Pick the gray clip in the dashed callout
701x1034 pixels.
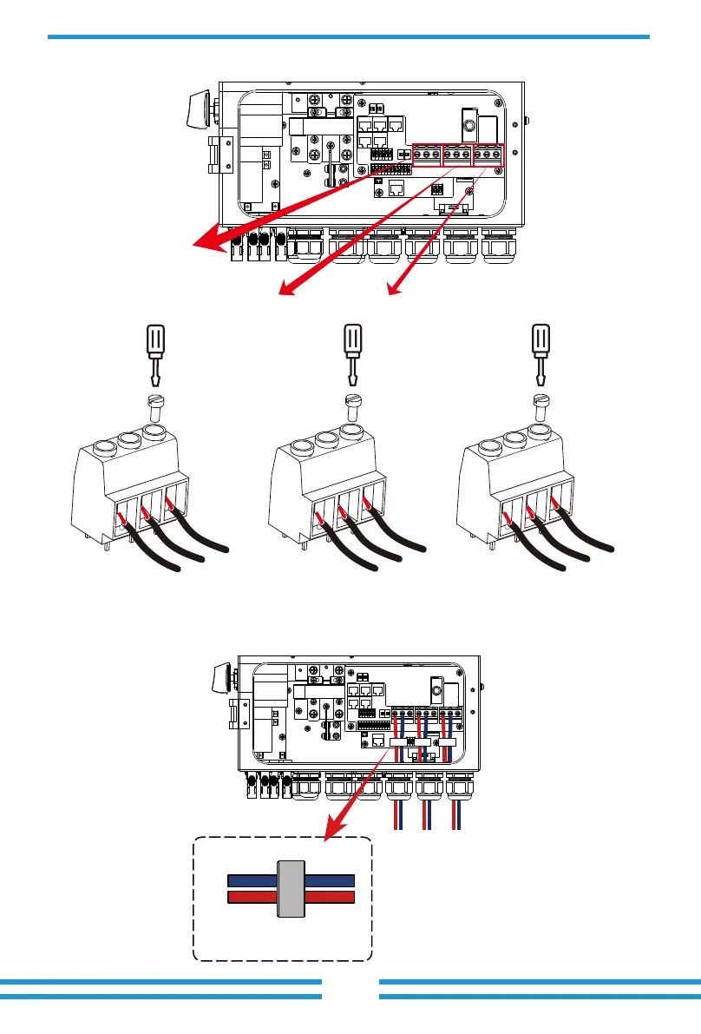click(x=291, y=890)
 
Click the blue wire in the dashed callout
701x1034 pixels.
click(x=252, y=879)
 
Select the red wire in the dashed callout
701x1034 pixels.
click(x=252, y=897)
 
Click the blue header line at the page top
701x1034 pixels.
click(x=348, y=36)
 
